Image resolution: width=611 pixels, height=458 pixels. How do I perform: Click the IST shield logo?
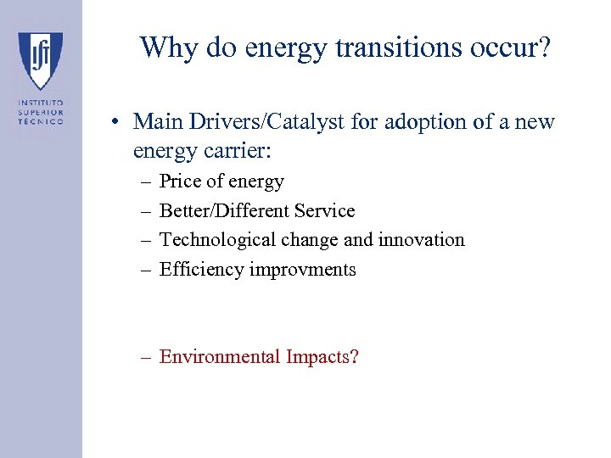[x=41, y=59]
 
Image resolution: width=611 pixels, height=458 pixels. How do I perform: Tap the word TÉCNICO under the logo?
[x=41, y=121]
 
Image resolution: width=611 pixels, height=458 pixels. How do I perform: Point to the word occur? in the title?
[x=508, y=47]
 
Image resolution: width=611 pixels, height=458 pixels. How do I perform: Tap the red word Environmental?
[x=219, y=357]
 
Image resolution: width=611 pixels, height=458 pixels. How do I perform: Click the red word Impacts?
[x=322, y=357]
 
